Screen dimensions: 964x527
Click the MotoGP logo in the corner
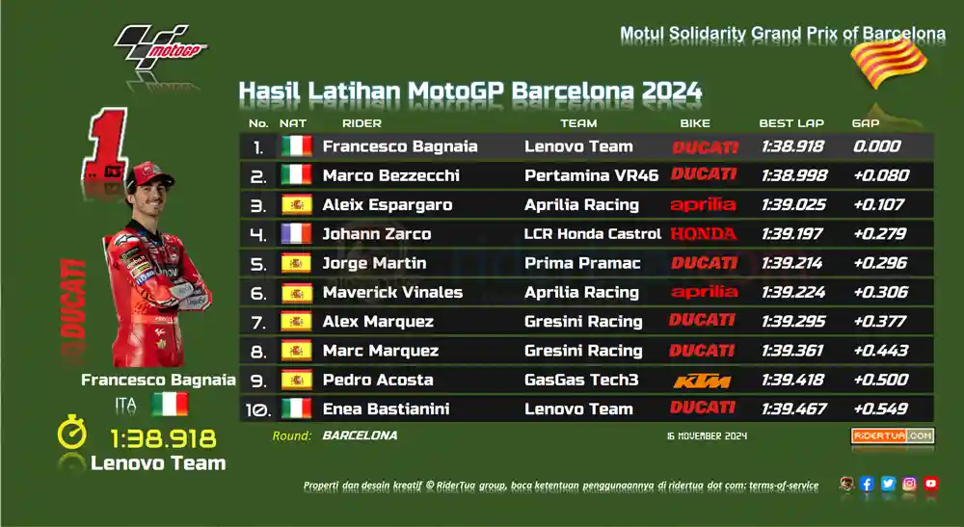(160, 45)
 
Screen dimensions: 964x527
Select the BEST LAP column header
(791, 123)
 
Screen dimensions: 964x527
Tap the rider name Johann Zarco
(376, 234)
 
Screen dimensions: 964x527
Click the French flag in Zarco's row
(296, 234)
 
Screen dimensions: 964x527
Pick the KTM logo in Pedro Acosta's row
(702, 381)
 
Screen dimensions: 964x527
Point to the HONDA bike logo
(703, 234)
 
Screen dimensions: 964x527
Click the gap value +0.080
(881, 175)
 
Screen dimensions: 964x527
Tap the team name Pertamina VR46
(591, 175)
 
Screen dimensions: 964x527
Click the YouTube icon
(931, 484)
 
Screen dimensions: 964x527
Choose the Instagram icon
(909, 484)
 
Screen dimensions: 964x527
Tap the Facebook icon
(867, 484)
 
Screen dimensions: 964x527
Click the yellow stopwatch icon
(72, 432)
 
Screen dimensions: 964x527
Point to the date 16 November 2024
(707, 436)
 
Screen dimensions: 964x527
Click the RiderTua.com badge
(893, 435)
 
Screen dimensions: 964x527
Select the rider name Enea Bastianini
(386, 409)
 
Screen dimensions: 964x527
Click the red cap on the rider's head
(149, 174)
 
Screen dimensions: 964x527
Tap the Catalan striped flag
(889, 63)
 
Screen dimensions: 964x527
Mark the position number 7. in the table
(258, 323)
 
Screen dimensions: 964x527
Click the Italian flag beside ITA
(170, 405)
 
